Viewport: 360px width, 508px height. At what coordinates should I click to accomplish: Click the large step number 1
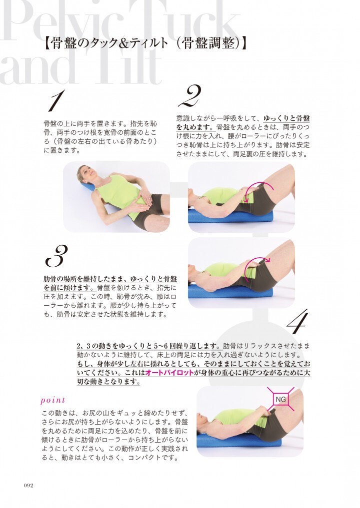pyautogui.click(x=55, y=100)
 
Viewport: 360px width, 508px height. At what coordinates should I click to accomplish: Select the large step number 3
pyautogui.click(x=56, y=256)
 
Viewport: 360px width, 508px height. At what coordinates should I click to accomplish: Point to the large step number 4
pyautogui.click(x=297, y=322)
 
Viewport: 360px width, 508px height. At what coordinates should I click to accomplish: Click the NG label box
pyautogui.click(x=280, y=400)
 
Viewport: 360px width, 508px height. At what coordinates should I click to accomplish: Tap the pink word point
pyautogui.click(x=53, y=401)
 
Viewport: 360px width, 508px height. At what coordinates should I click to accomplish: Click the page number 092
pyautogui.click(x=28, y=486)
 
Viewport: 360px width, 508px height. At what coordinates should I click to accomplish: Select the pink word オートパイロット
pyautogui.click(x=169, y=373)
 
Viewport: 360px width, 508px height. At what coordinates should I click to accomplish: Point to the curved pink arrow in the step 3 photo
pyautogui.click(x=256, y=261)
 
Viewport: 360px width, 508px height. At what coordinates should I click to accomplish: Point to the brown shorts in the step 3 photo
pyautogui.click(x=261, y=275)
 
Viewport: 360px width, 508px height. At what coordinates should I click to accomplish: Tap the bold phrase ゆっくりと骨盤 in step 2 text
pyautogui.click(x=286, y=118)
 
